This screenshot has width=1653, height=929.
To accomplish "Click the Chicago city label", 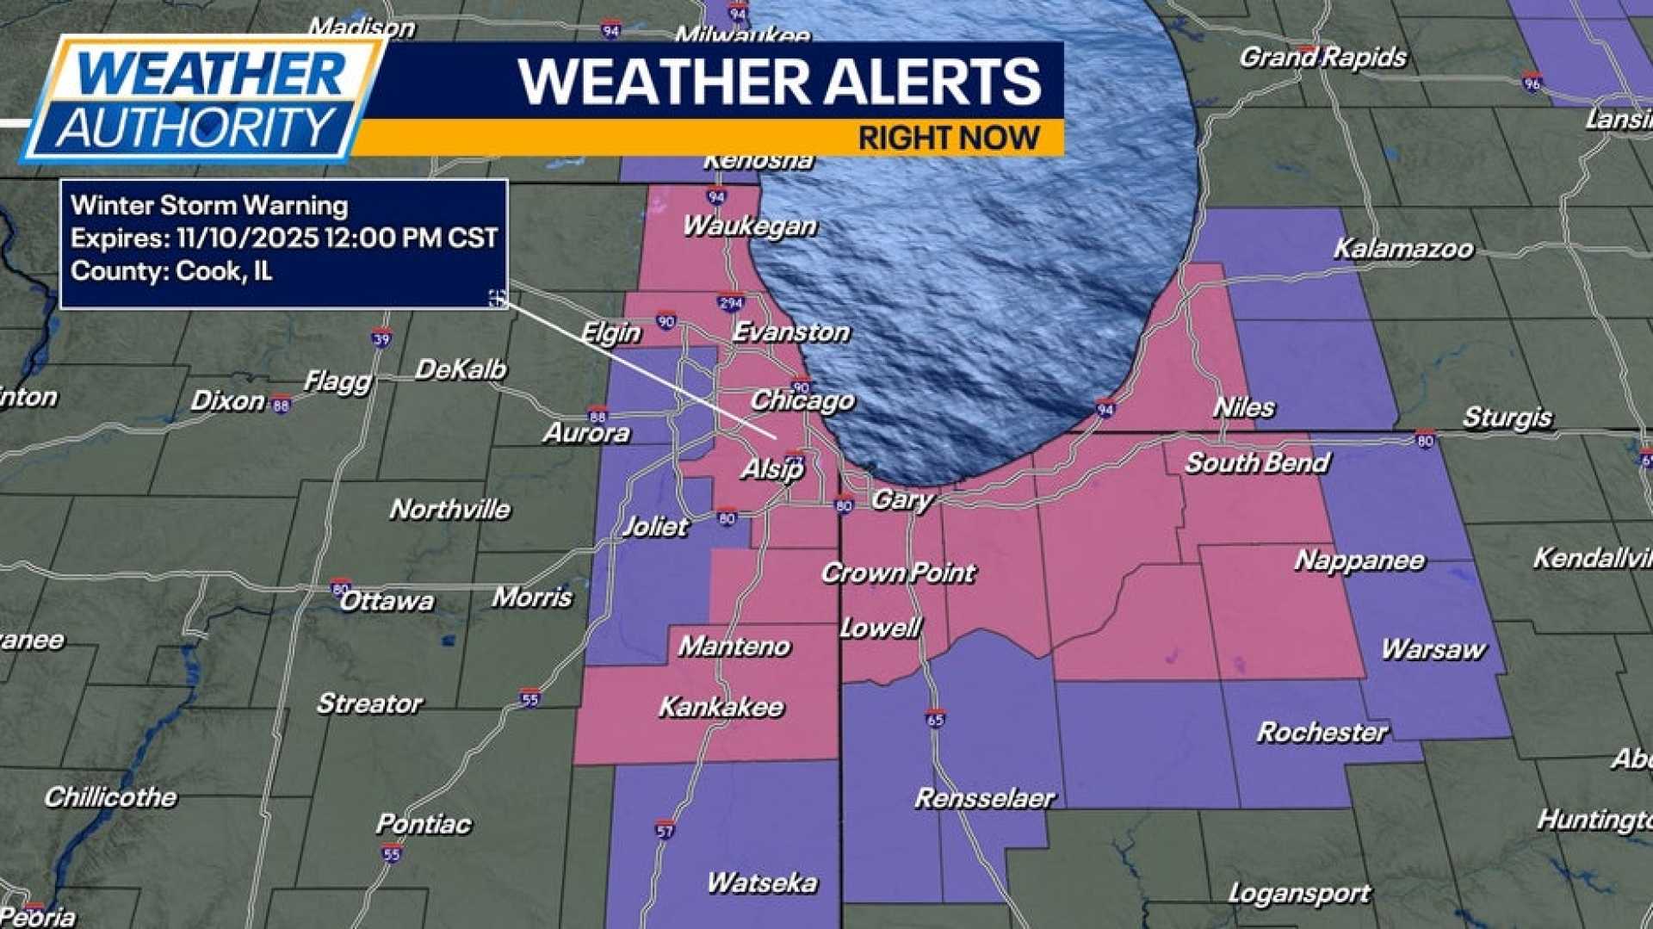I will coord(802,400).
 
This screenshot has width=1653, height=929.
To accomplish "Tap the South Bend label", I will coord(1257,463).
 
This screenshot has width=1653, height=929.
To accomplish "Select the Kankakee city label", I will coord(721,707).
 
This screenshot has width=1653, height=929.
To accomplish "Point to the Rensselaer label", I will coord(983,798).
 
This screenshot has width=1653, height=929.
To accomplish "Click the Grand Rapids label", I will coord(1322,58).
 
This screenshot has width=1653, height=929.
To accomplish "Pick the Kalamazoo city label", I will coord(1402,249).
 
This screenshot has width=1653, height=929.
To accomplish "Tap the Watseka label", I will coord(761,883).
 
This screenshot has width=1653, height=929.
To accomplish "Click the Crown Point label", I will coord(897,573).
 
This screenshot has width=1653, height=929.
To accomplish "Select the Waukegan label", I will coord(749,226).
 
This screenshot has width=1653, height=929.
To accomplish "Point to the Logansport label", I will coord(1298,894).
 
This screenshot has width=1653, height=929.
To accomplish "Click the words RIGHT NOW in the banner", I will coord(949,138).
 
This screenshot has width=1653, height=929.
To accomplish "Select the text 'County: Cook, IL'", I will coord(171,271).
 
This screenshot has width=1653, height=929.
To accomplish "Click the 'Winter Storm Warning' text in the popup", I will coord(209,205).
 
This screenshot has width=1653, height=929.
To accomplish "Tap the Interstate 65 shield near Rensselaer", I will coord(936,719).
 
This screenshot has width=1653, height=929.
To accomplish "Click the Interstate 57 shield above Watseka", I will coord(664,830).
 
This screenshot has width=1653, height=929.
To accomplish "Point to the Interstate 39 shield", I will coord(381,338).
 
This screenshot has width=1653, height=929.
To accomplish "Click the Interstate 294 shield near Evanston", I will coord(729,303).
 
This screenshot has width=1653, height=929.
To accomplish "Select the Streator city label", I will coord(368,703).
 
